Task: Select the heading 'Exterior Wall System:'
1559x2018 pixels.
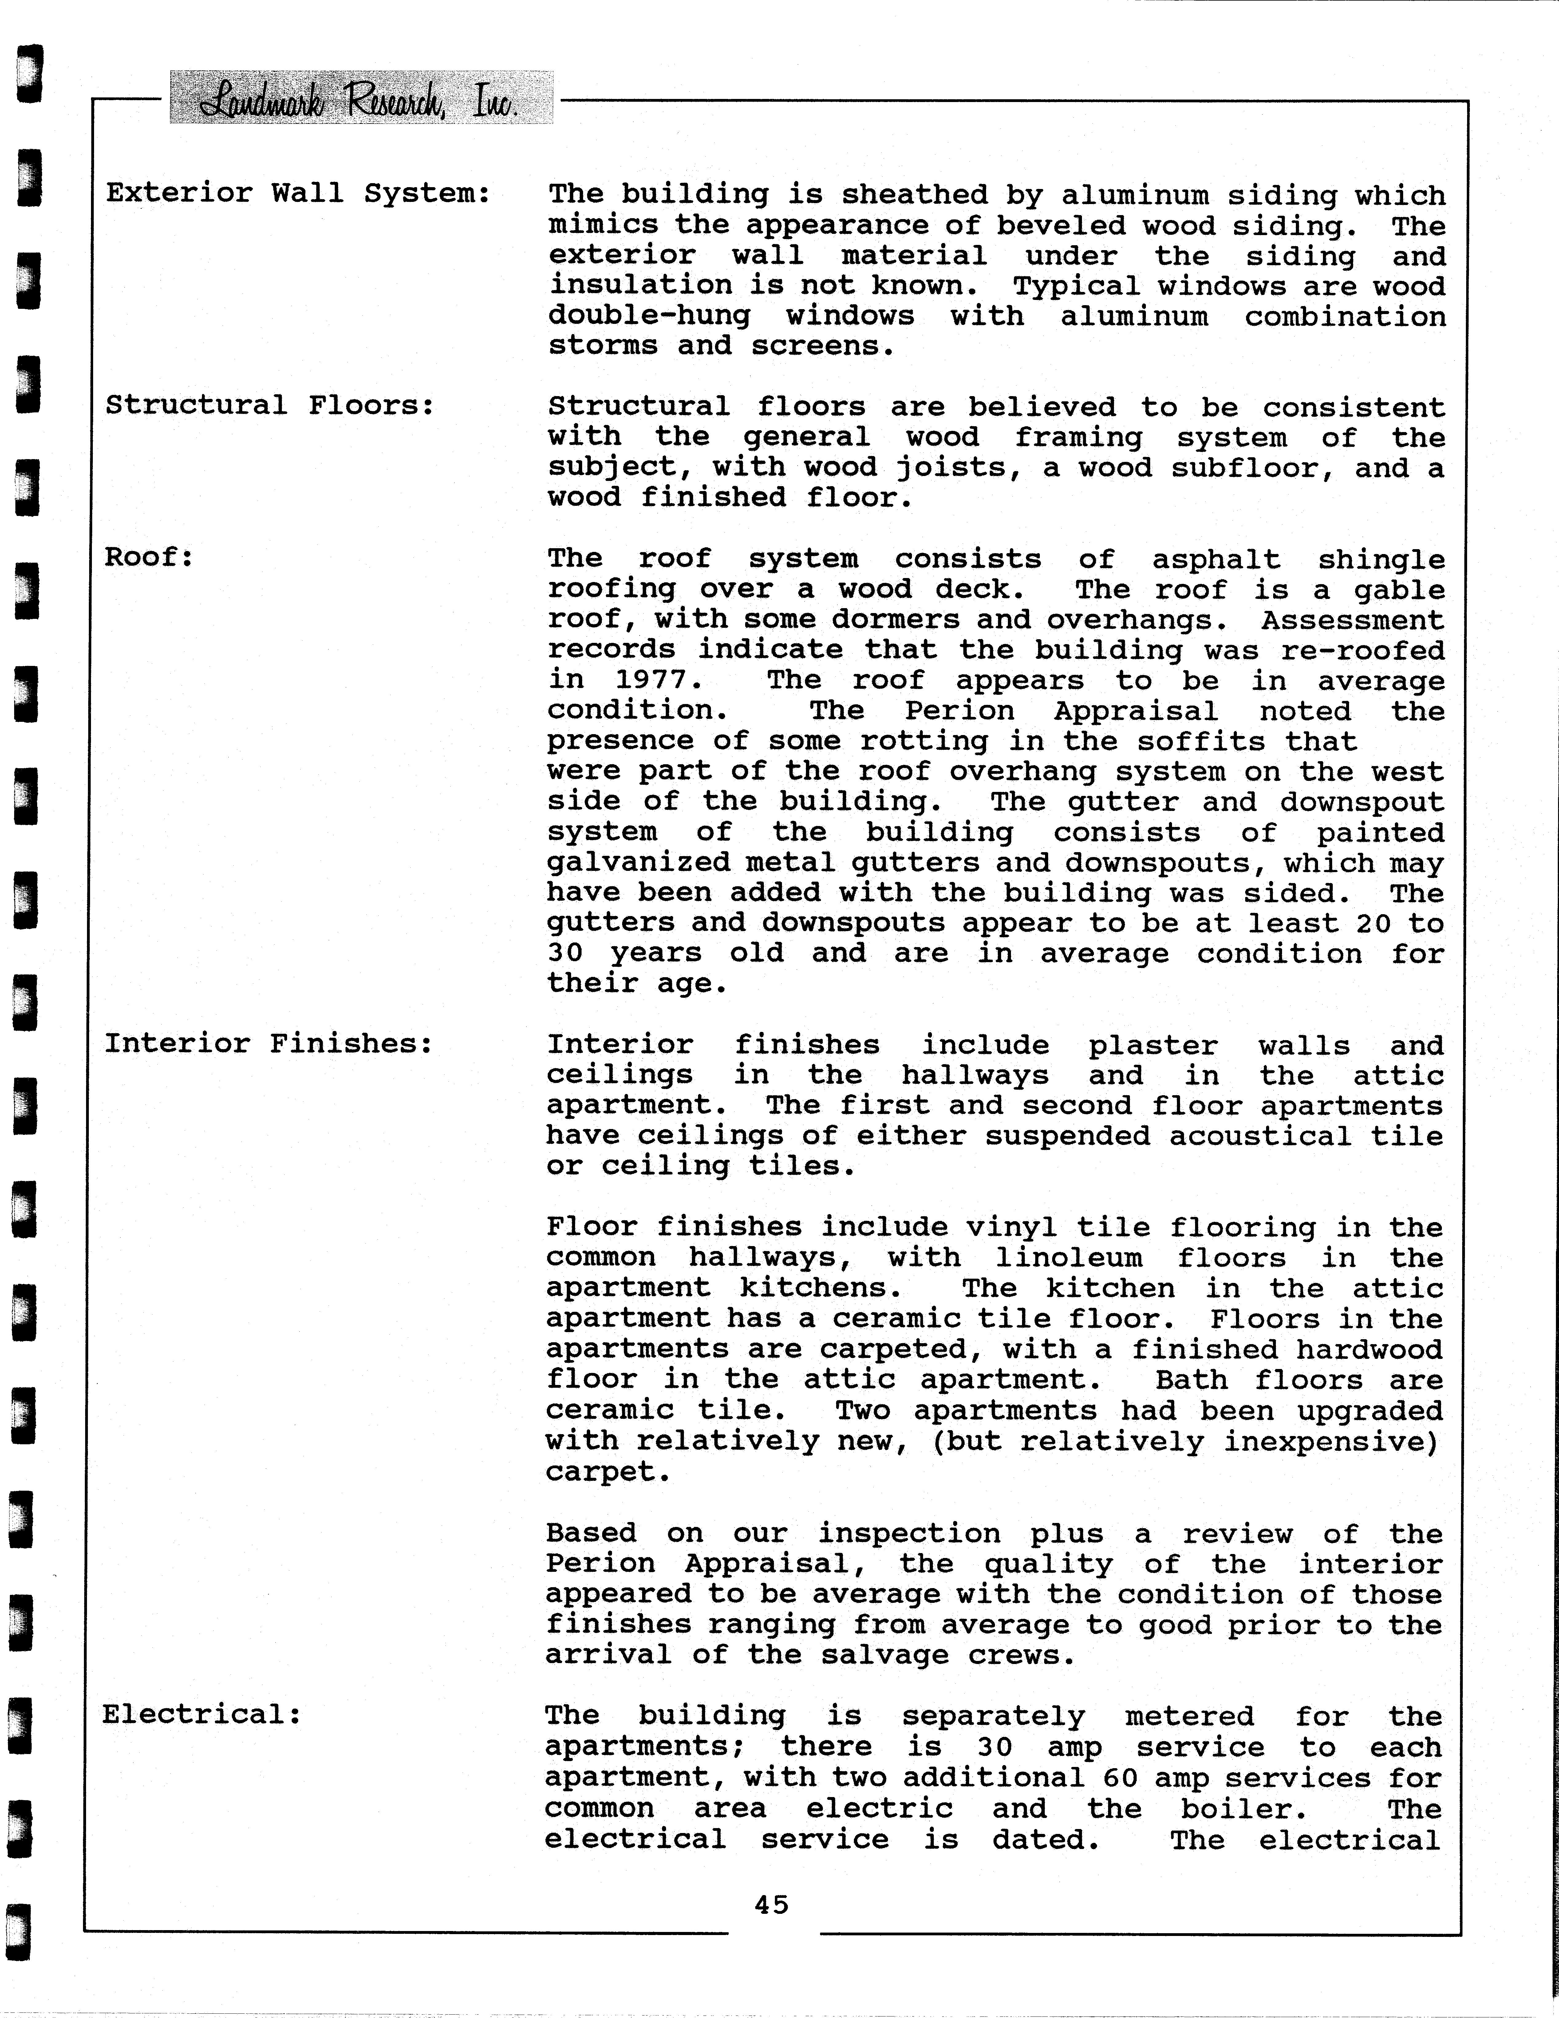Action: click(298, 193)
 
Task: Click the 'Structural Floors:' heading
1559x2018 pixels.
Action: click(270, 406)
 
